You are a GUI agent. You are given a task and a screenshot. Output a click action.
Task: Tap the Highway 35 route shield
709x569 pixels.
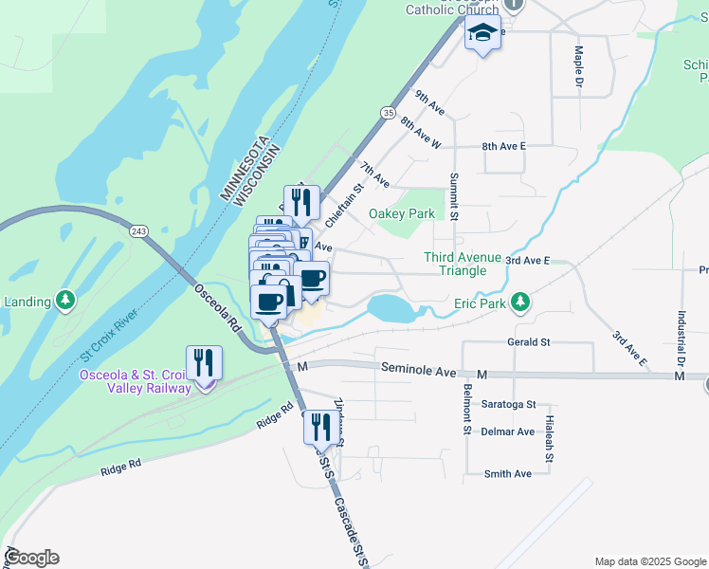pos(388,112)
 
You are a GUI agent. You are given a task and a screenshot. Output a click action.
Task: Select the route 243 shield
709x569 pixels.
pos(139,231)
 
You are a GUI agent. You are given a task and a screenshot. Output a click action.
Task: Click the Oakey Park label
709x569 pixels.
pos(402,213)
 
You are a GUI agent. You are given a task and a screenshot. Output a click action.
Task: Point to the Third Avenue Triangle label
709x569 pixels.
pos(455,264)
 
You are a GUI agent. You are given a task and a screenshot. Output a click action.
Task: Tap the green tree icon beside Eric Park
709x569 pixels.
pos(519,303)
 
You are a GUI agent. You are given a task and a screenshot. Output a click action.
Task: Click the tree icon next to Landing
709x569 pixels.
pos(64,302)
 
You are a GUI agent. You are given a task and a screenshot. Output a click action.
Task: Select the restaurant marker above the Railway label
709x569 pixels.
pos(205,363)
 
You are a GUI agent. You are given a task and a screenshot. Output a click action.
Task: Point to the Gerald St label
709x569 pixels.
pos(529,341)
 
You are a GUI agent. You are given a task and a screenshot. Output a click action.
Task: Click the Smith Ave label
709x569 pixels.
pos(509,473)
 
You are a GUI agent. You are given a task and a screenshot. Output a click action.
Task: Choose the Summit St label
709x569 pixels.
pos(454,197)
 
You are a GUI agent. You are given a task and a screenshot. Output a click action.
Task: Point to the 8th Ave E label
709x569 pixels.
pos(503,147)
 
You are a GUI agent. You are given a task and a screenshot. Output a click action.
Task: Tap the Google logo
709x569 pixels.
pos(31,558)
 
